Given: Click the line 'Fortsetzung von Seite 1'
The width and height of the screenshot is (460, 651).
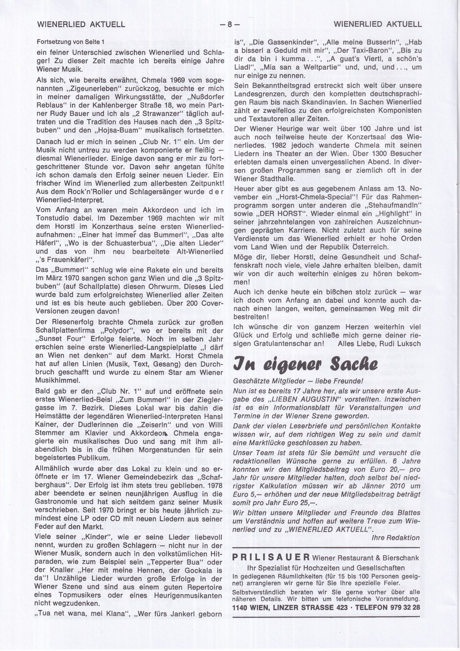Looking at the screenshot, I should (x=71, y=42).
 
